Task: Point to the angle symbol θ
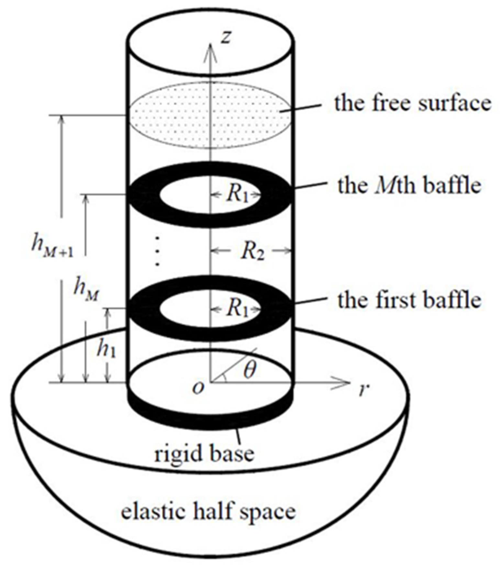tap(249, 371)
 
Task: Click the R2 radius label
tap(252, 251)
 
